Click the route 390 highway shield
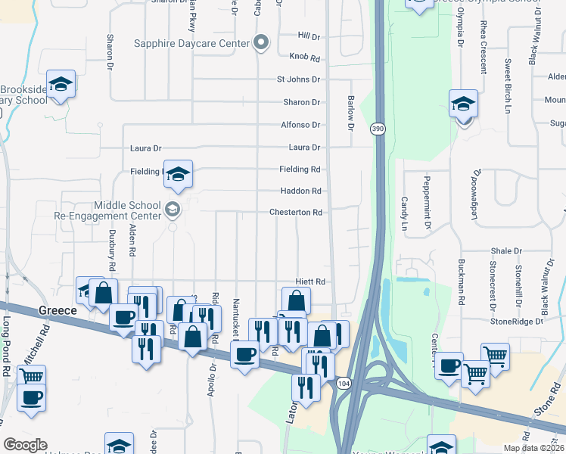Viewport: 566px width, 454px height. click(x=377, y=129)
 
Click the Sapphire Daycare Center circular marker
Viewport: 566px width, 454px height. click(x=262, y=42)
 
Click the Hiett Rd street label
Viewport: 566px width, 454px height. click(x=311, y=281)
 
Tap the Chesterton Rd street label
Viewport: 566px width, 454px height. click(x=296, y=213)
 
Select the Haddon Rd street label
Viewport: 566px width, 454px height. click(x=301, y=191)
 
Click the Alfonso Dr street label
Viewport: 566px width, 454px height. click(x=301, y=125)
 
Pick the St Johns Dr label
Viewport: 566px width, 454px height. click(x=298, y=79)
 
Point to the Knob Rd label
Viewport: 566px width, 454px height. click(x=304, y=57)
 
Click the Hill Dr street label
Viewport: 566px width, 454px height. click(x=309, y=36)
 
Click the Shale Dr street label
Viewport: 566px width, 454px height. click(x=506, y=250)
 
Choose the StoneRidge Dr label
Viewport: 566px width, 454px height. click(x=517, y=321)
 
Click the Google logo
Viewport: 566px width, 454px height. click(x=25, y=445)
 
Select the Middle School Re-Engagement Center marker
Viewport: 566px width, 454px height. click(x=173, y=210)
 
